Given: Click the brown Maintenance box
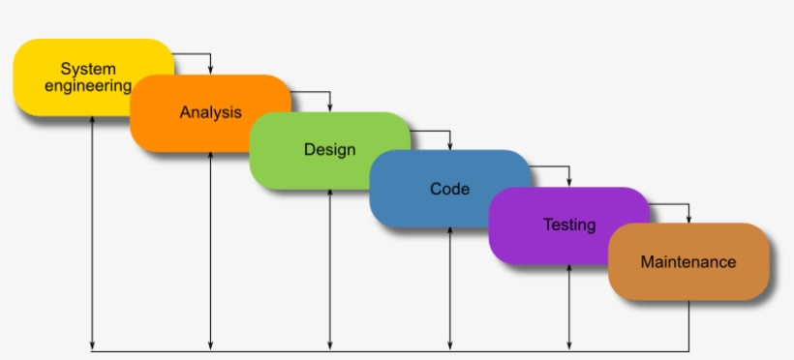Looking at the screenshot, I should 688,261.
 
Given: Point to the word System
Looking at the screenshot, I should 88,69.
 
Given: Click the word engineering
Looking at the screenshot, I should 87,85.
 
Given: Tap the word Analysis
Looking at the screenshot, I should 210,112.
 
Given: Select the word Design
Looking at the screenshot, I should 329,150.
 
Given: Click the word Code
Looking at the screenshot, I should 449,189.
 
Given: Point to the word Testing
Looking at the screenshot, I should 569,225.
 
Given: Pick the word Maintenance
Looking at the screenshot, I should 688,262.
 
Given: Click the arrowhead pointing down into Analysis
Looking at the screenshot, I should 211,70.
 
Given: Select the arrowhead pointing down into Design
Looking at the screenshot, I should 330,107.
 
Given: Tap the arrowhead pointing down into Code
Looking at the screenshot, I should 450,145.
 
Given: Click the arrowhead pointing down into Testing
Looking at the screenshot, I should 569,182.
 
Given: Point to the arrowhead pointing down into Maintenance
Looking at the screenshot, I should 688,219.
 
